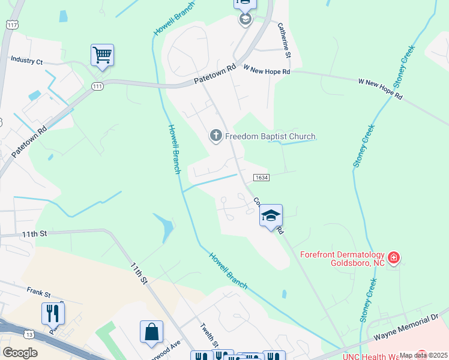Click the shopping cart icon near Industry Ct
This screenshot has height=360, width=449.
tap(102, 56)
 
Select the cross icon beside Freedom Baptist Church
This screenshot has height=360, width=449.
tap(216, 136)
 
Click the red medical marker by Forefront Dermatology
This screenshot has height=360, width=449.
tap(394, 259)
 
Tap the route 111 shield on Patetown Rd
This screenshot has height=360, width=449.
tap(97, 87)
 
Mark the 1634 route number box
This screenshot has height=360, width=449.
tap(261, 178)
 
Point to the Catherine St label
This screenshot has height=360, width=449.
tap(284, 40)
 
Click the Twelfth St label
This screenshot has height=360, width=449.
tap(208, 337)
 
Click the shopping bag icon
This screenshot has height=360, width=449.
tap(151, 331)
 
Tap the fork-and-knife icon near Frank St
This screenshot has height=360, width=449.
tap(53, 313)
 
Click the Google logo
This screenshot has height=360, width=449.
tap(20, 353)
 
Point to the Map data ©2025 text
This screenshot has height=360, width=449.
tap(423, 355)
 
